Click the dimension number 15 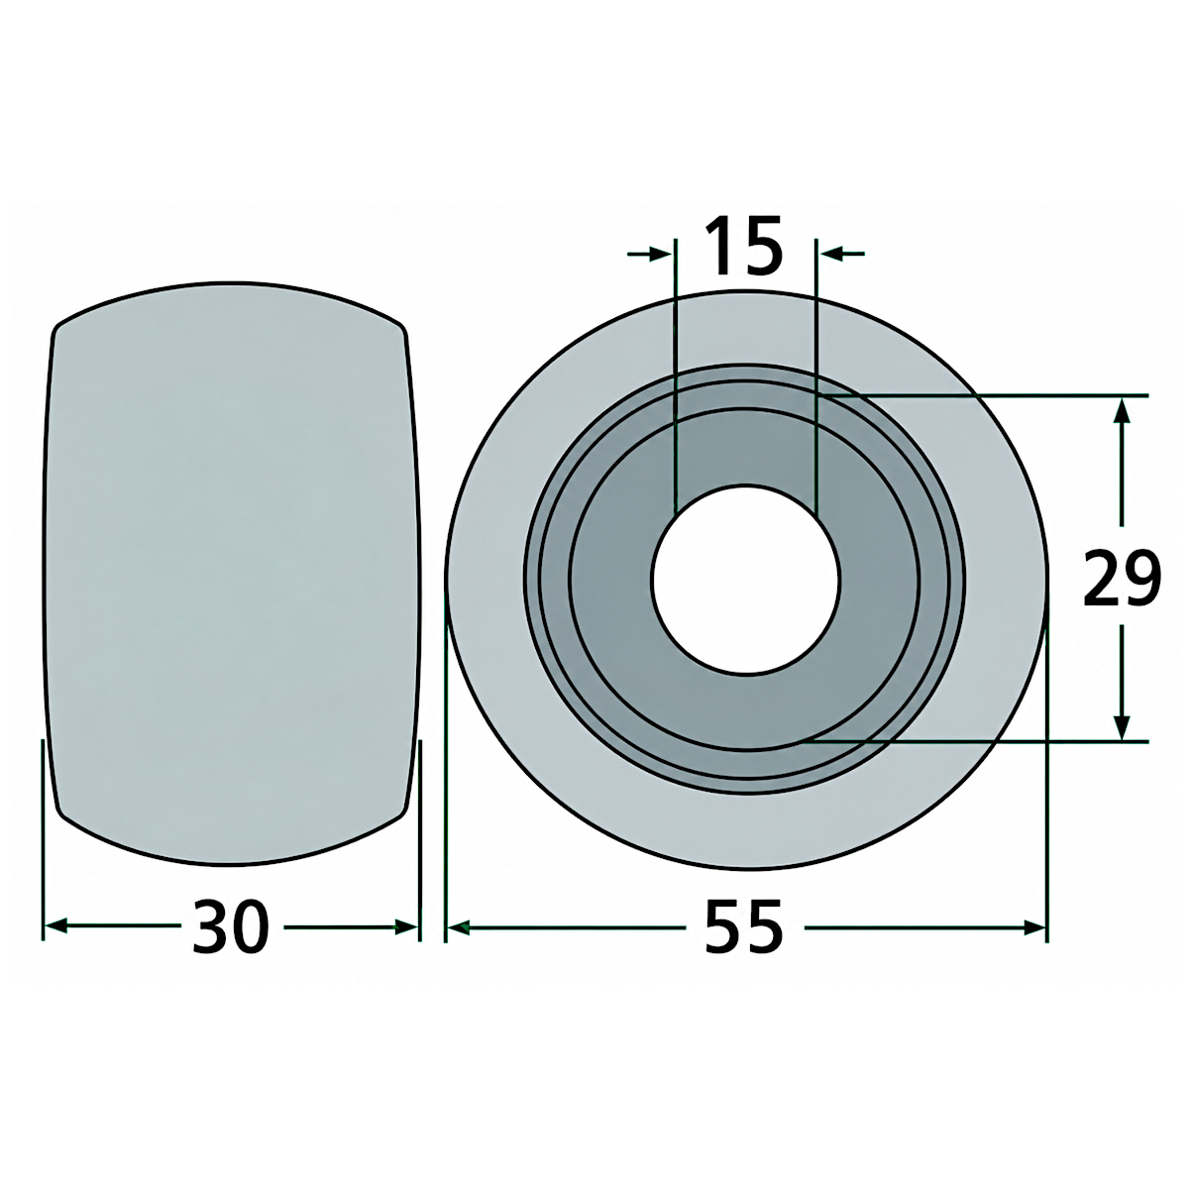tap(744, 246)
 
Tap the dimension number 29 tap(1122, 578)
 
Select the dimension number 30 tap(231, 927)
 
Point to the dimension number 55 tap(744, 927)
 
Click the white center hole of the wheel tap(746, 578)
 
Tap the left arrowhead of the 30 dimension tap(55, 926)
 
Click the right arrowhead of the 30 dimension tap(406, 926)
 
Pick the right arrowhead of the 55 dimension tap(1034, 926)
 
